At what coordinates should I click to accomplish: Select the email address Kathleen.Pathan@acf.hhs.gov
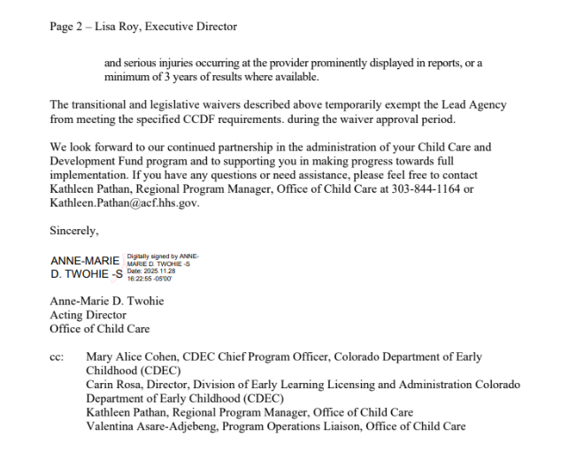(125, 203)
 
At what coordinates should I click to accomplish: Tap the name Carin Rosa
(113, 385)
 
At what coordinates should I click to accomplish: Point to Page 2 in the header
(67, 27)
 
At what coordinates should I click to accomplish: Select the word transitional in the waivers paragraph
(104, 105)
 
